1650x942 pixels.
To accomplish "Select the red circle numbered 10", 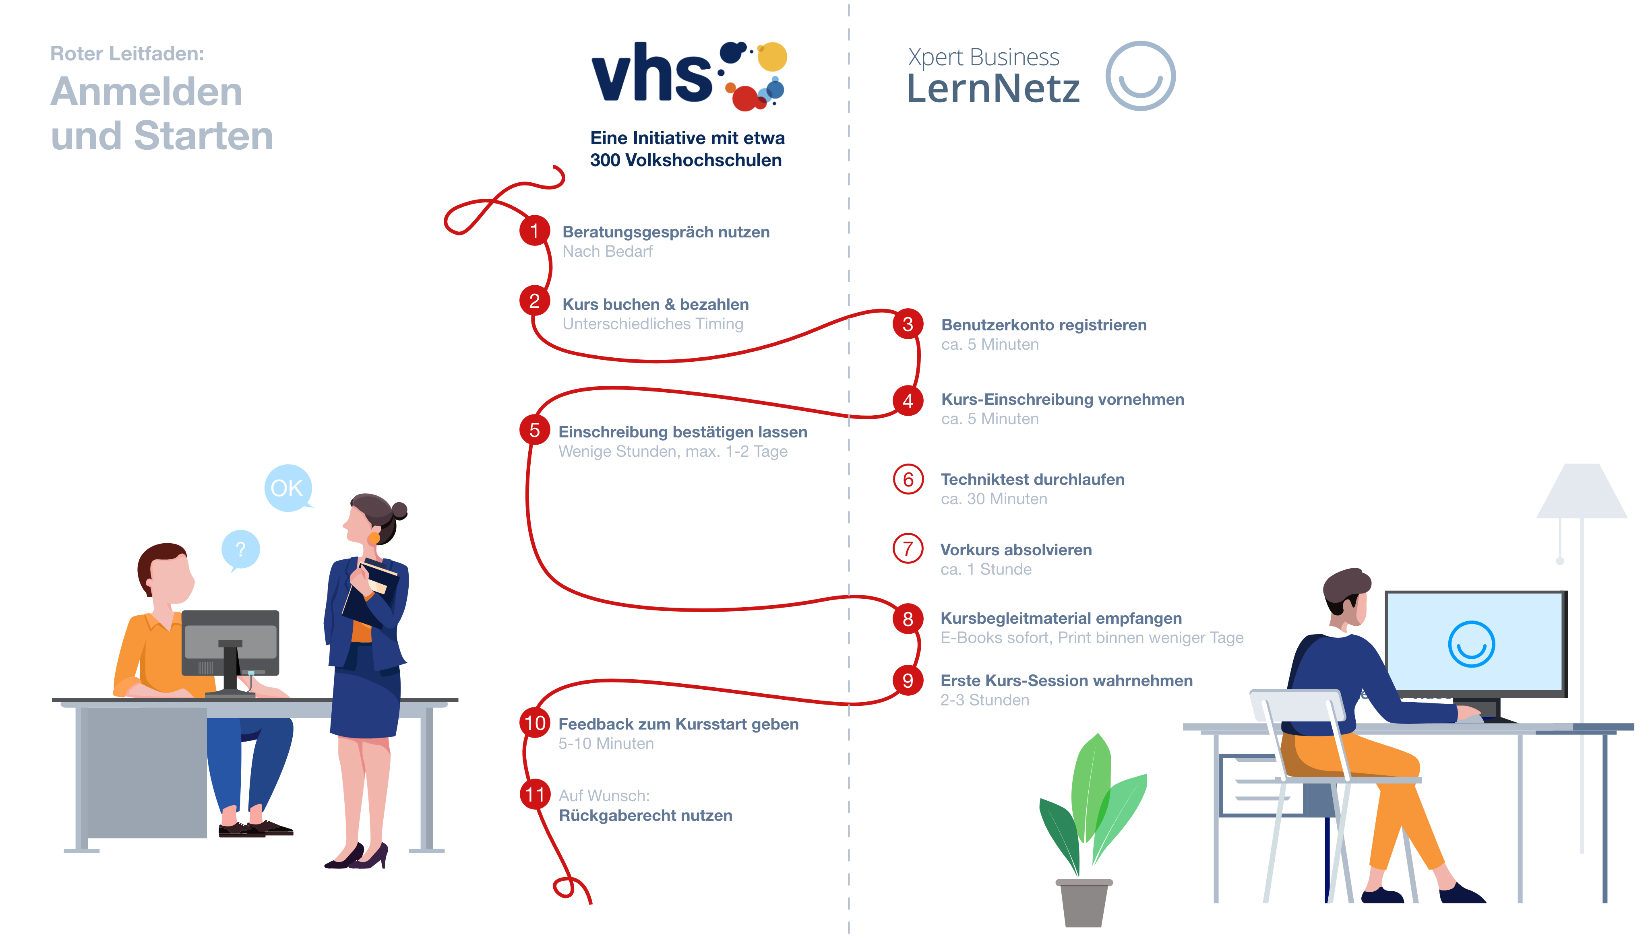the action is (x=535, y=723).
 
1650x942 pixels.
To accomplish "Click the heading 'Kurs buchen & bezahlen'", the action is (x=655, y=304).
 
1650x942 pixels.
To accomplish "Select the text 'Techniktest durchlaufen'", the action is (x=1032, y=479).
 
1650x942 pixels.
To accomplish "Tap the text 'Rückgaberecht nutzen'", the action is (x=645, y=815).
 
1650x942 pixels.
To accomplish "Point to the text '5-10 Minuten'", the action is (x=606, y=743).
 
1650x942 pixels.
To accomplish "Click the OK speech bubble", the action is (x=288, y=488).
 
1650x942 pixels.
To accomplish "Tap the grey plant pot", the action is (x=1083, y=903).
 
